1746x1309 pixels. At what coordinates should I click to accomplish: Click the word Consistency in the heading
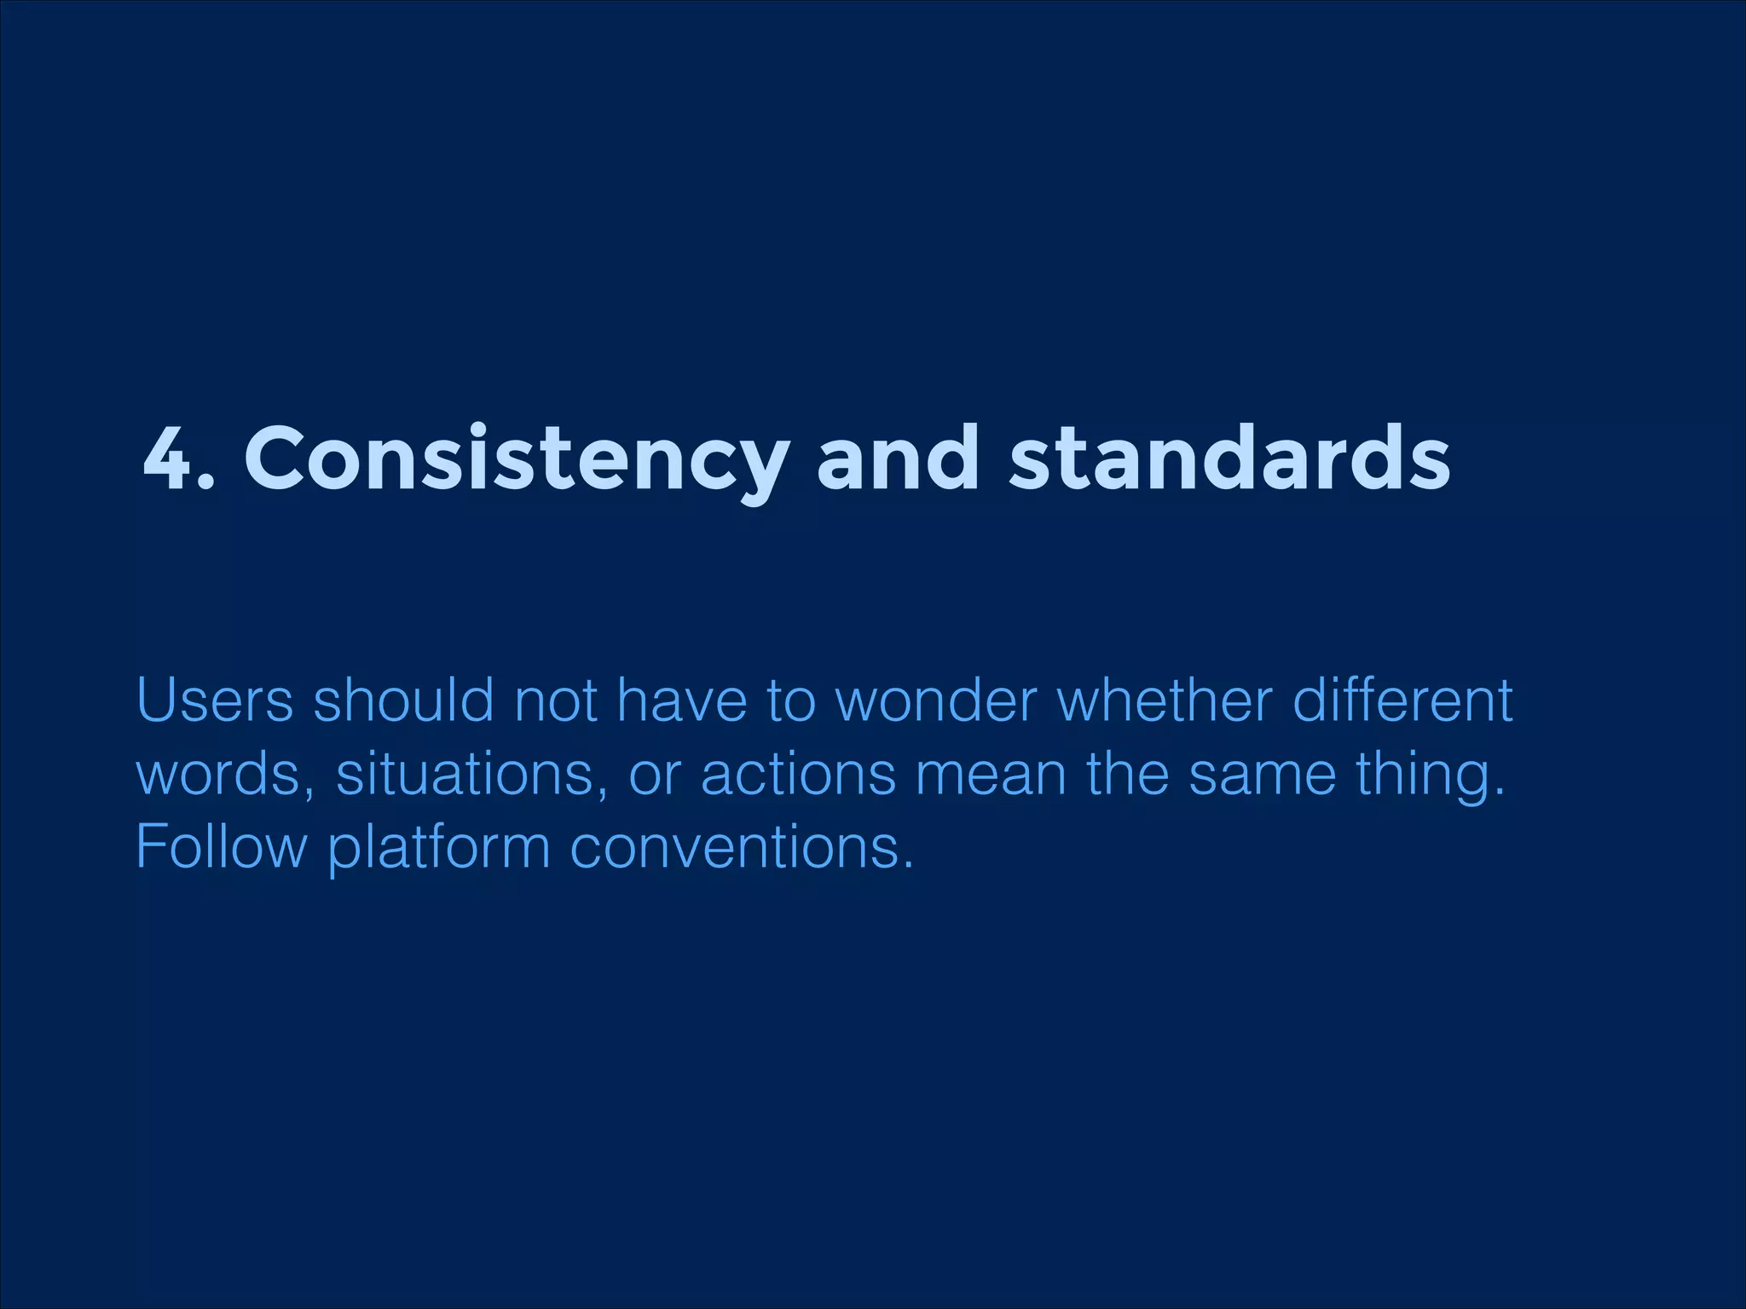pyautogui.click(x=515, y=460)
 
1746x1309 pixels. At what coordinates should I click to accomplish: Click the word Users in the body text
pyautogui.click(x=214, y=701)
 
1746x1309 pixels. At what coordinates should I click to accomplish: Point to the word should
pyautogui.click(x=403, y=701)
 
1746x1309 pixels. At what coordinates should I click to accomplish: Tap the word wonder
pyautogui.click(x=935, y=701)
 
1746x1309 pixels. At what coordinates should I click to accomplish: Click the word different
pyautogui.click(x=1402, y=701)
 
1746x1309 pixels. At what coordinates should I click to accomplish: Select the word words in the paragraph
pyautogui.click(x=224, y=774)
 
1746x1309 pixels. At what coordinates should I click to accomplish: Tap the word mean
pyautogui.click(x=991, y=774)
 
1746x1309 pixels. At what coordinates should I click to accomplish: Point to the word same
pyautogui.click(x=1262, y=774)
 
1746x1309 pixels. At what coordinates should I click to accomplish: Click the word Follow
pyautogui.click(x=221, y=847)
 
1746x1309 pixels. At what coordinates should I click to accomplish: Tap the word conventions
pyautogui.click(x=741, y=847)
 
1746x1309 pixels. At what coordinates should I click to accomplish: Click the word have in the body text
pyautogui.click(x=681, y=701)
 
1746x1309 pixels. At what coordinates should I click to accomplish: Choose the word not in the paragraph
pyautogui.click(x=555, y=701)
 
